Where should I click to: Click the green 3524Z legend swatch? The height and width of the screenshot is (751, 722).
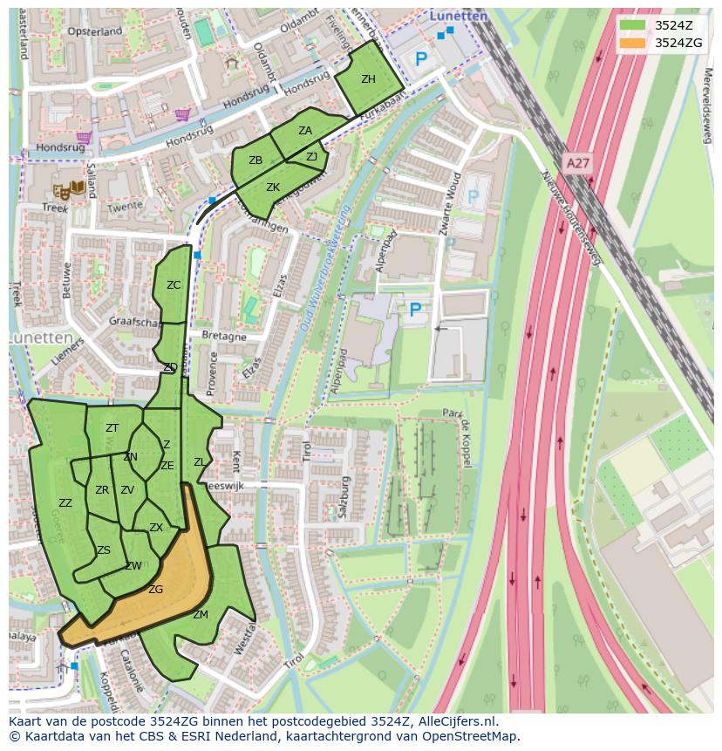point(633,25)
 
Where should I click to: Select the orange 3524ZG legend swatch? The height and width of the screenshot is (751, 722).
point(633,43)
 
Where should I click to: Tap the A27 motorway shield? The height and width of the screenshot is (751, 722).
point(576,163)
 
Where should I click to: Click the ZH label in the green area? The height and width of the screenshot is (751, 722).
point(368,79)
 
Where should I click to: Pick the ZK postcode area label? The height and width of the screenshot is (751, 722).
point(273,188)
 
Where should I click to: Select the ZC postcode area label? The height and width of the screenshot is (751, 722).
point(174,285)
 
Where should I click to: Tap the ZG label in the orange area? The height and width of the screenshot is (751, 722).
point(155,590)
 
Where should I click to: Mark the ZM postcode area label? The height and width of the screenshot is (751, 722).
point(201,615)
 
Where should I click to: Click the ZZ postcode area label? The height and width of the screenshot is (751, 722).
point(65,503)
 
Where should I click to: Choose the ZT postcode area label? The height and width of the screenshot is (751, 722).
point(112,428)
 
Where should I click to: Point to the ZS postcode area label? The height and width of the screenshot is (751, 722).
point(104,550)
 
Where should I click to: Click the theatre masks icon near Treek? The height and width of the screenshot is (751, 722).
point(62,190)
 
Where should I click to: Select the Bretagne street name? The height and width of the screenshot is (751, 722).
point(224,336)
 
